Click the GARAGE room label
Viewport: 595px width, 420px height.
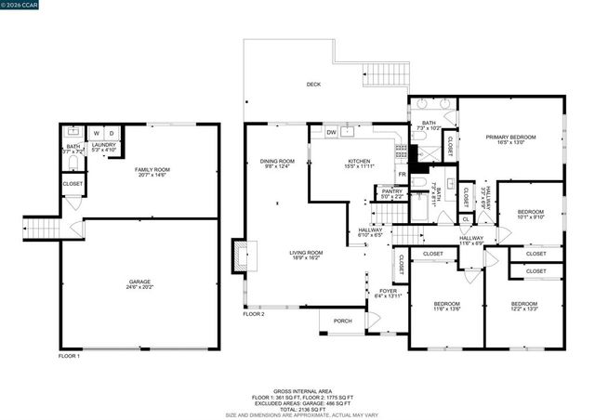click(x=139, y=282)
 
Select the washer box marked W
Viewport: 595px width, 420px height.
click(x=96, y=133)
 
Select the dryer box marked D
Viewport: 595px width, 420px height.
click(x=112, y=133)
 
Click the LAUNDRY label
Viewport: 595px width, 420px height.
click(x=102, y=144)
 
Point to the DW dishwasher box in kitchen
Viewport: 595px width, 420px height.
click(x=331, y=133)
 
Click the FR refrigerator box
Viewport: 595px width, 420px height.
click(x=402, y=174)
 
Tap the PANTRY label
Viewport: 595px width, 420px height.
click(x=391, y=191)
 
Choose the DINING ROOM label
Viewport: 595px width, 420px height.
click(x=277, y=161)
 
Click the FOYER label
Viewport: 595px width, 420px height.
click(x=388, y=291)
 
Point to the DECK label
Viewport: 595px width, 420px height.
click(x=314, y=85)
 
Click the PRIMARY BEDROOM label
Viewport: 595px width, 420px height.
click(x=511, y=138)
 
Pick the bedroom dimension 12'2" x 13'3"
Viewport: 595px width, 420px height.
click(x=523, y=309)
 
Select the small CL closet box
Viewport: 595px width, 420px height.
click(x=466, y=219)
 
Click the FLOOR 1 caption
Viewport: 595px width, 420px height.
click(x=70, y=356)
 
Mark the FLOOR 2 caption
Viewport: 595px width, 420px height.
click(x=254, y=314)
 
